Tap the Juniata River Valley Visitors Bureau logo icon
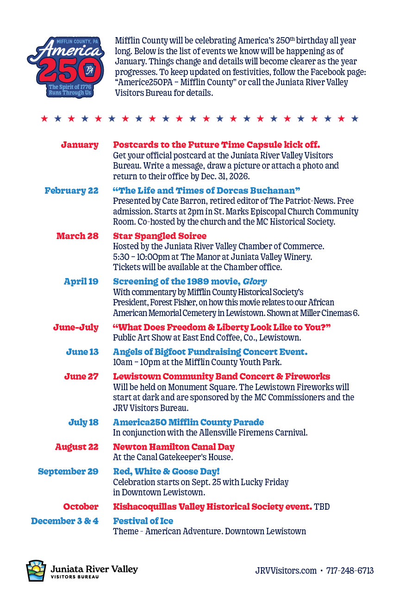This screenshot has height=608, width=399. (36, 570)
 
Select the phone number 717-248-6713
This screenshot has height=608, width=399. (350, 570)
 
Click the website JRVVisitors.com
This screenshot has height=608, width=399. (286, 570)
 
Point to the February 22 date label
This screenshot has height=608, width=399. (71, 190)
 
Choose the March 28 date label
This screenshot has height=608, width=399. (77, 236)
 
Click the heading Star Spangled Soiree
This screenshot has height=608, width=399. (160, 236)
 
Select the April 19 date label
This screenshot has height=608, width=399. (81, 281)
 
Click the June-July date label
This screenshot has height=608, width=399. (75, 327)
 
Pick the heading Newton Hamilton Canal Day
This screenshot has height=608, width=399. (174, 447)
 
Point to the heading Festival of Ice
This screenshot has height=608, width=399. (143, 521)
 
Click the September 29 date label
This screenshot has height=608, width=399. (68, 471)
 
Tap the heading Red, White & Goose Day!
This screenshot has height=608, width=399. (166, 471)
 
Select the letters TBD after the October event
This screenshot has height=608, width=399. (322, 507)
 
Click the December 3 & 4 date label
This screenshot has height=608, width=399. (64, 521)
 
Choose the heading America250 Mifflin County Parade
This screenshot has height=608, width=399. (188, 422)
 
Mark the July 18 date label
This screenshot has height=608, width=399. (83, 422)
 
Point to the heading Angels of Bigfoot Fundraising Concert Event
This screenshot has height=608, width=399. (210, 352)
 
